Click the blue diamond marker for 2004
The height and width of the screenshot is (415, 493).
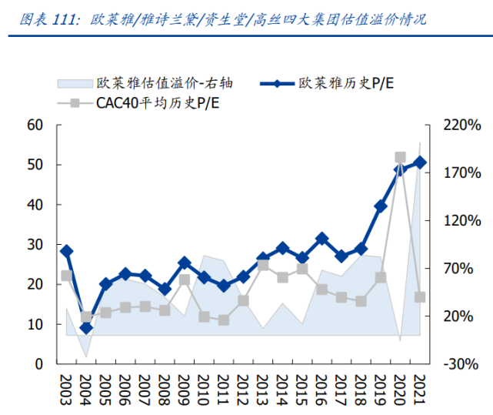point(86,328)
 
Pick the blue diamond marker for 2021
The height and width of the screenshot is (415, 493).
point(420,162)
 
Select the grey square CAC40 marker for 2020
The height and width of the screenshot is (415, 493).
point(400,157)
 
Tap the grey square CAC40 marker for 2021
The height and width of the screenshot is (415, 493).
point(420,297)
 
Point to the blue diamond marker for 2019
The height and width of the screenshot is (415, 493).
point(381,206)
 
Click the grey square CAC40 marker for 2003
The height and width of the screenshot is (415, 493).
point(67,276)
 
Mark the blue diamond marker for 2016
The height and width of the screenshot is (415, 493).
point(321,239)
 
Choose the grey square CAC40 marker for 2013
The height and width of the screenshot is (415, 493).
point(263,265)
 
